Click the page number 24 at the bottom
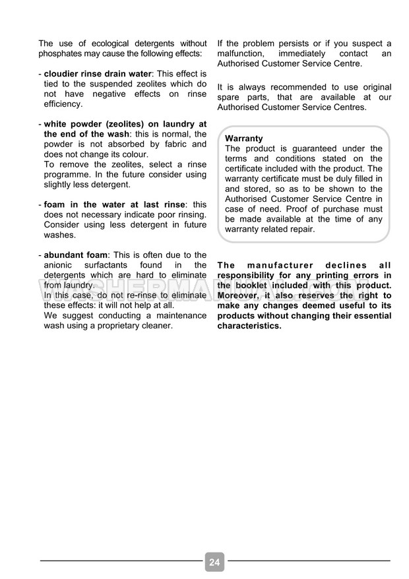pyautogui.click(x=214, y=562)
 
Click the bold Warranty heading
pyautogui.click(x=243, y=138)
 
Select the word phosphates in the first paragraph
pyautogui.click(x=63, y=53)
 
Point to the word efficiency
pyautogui.click(x=63, y=104)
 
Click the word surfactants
pyautogui.click(x=115, y=265)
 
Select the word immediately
pyautogui.click(x=301, y=53)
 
